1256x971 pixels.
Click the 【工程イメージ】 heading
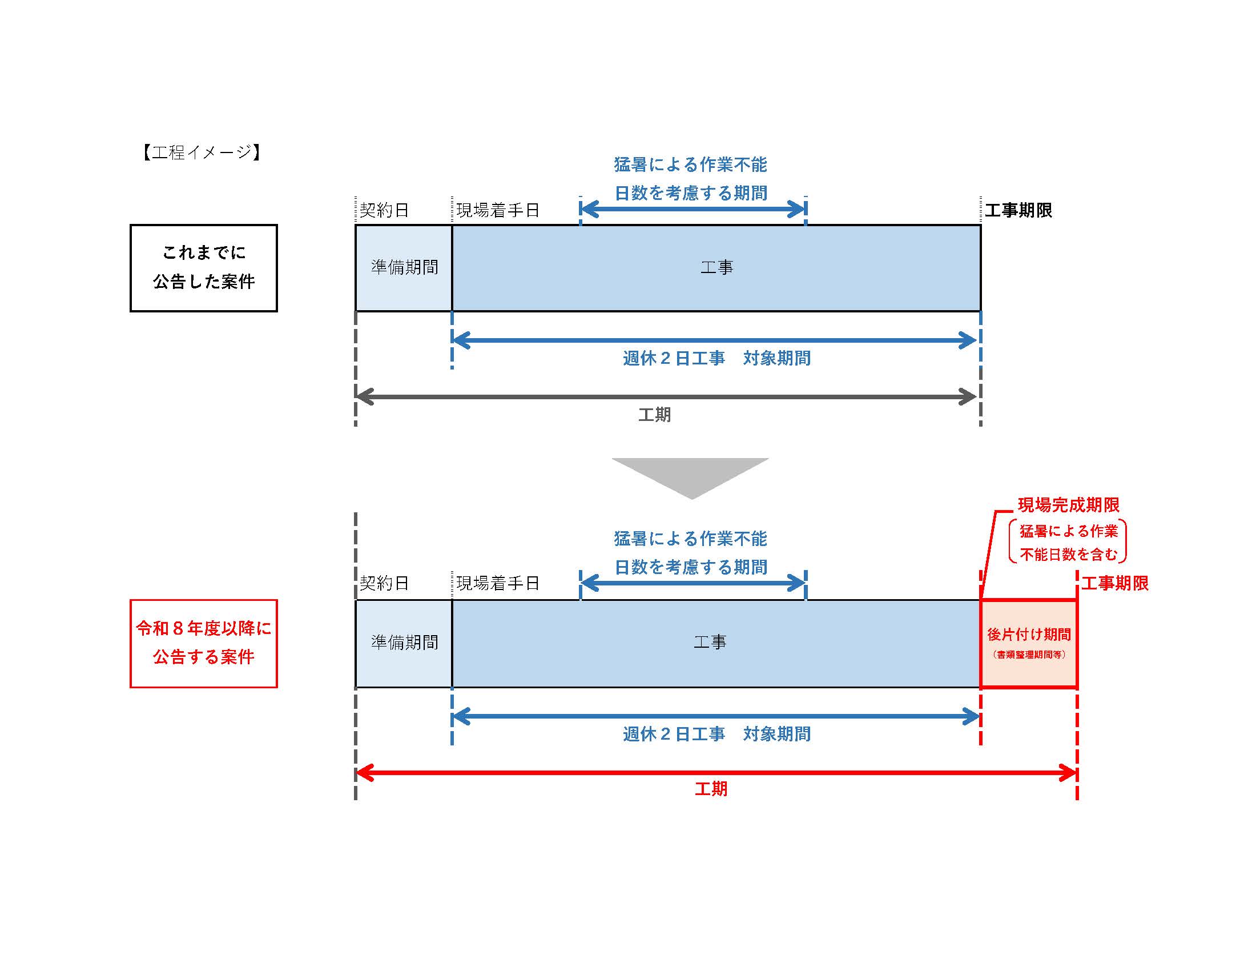(x=202, y=153)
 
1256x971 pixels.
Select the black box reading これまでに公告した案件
(x=204, y=268)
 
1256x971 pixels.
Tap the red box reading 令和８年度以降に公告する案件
(x=204, y=643)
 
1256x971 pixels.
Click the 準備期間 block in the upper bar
(x=404, y=267)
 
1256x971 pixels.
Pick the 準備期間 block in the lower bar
(x=404, y=643)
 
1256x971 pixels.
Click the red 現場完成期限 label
(x=1069, y=505)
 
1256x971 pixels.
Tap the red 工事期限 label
(x=1114, y=583)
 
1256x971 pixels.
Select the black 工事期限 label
(x=1018, y=210)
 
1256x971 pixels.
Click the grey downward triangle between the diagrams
(x=690, y=475)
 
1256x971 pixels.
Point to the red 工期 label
(x=711, y=789)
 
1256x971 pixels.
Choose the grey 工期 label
(x=654, y=415)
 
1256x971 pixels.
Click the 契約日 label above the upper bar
(x=384, y=210)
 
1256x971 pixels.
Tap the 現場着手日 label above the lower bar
(x=497, y=583)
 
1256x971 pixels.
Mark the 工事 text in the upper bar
(x=716, y=267)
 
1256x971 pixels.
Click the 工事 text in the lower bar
(x=710, y=643)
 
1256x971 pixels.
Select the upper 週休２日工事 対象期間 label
(x=716, y=358)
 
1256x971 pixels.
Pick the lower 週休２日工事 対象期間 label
(x=716, y=734)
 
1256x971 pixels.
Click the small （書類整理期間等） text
(x=1028, y=655)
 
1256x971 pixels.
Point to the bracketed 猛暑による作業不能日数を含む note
(x=1068, y=543)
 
